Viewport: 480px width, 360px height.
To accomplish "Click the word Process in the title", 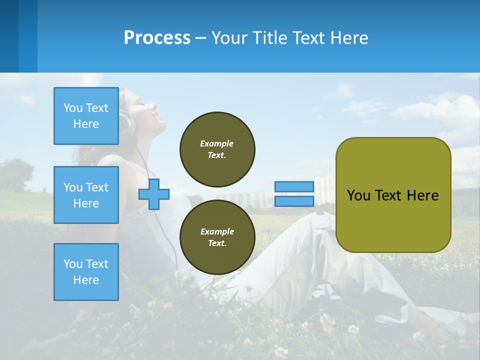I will [157, 38].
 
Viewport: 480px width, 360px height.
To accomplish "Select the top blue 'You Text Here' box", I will [86, 116].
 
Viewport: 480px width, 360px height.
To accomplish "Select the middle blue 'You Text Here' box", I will [86, 195].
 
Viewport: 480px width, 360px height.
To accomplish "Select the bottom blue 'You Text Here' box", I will [86, 272].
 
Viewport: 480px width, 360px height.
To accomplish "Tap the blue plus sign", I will [154, 194].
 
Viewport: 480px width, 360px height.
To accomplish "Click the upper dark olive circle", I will [217, 149].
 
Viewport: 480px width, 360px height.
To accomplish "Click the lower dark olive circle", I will [217, 237].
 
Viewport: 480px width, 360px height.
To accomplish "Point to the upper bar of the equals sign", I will [294, 187].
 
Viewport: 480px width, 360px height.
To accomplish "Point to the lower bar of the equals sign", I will [294, 201].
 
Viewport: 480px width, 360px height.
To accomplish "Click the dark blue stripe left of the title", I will [9, 36].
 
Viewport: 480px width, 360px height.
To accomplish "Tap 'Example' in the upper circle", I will [217, 143].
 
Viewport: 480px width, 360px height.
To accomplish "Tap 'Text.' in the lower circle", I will [217, 243].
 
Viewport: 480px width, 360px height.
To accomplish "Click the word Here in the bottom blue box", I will [86, 280].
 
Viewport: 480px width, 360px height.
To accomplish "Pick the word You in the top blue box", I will [73, 108].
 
